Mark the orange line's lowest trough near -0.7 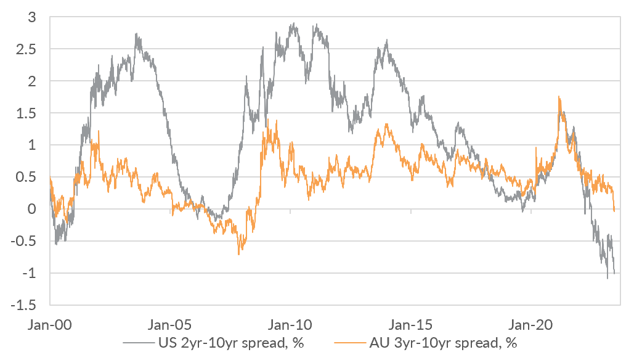pyautogui.click(x=238, y=253)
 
